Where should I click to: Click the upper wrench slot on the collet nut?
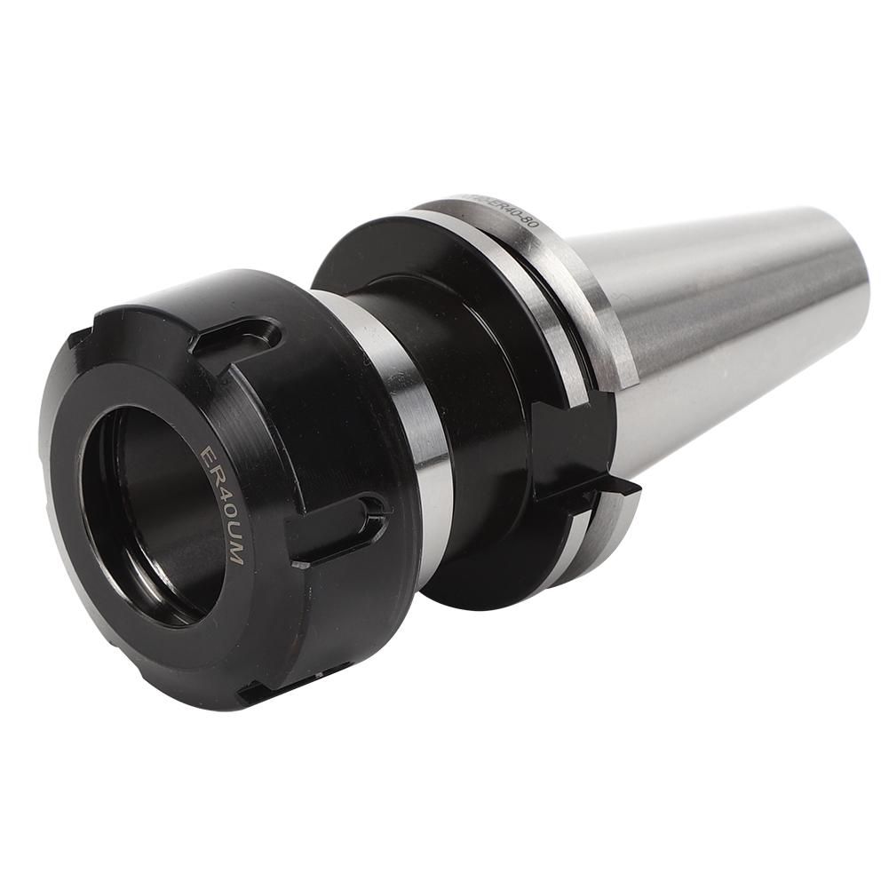coord(237,335)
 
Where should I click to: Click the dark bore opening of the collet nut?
coord(151,515)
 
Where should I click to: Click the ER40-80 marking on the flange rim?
coord(497,206)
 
